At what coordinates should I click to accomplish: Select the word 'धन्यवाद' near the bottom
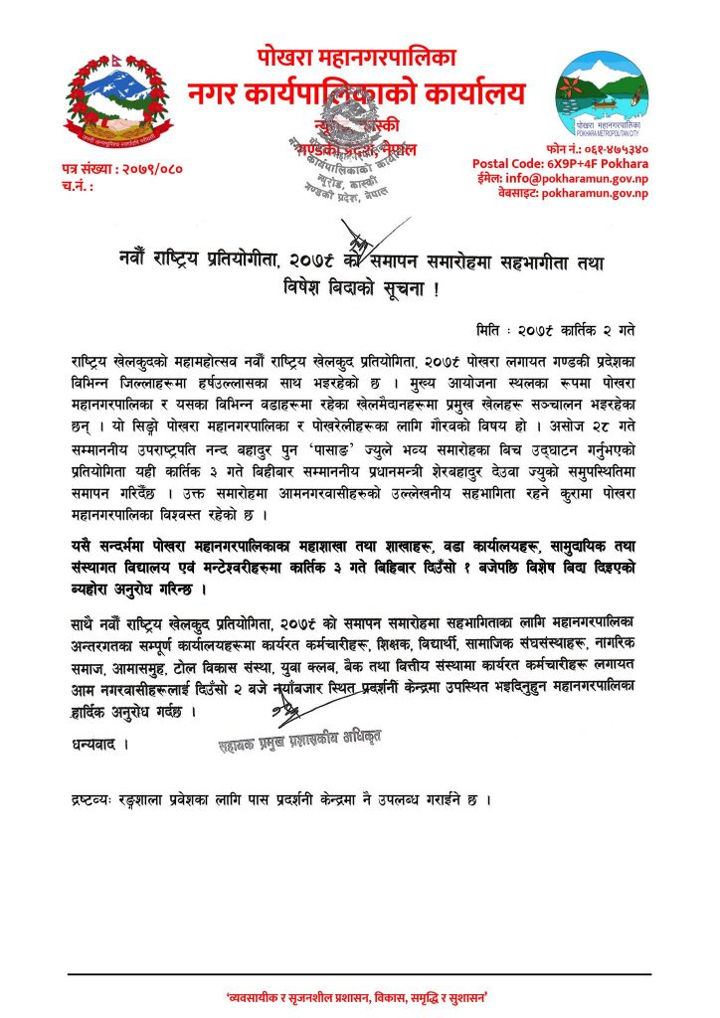tap(98, 742)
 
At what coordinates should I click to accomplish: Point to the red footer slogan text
tap(360, 996)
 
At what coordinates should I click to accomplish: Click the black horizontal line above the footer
tap(360, 974)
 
